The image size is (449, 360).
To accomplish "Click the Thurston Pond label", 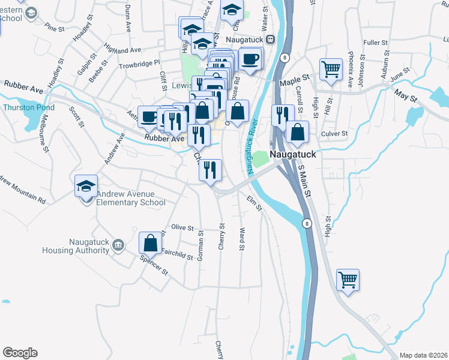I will [29, 108].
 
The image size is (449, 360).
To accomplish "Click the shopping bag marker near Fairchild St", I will [150, 243].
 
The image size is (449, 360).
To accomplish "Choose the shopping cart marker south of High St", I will [348, 279].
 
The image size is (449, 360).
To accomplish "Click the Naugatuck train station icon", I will [270, 39].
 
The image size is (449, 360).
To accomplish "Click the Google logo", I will [20, 353].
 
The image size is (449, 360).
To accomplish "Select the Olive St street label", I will [182, 228].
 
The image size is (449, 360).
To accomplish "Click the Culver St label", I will [335, 134].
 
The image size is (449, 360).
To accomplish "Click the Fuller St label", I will [376, 43].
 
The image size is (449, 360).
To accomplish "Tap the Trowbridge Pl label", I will [139, 62].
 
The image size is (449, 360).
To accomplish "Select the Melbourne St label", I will [46, 137].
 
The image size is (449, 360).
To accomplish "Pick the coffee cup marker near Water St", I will [250, 59].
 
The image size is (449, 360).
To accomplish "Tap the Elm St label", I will [255, 204].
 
